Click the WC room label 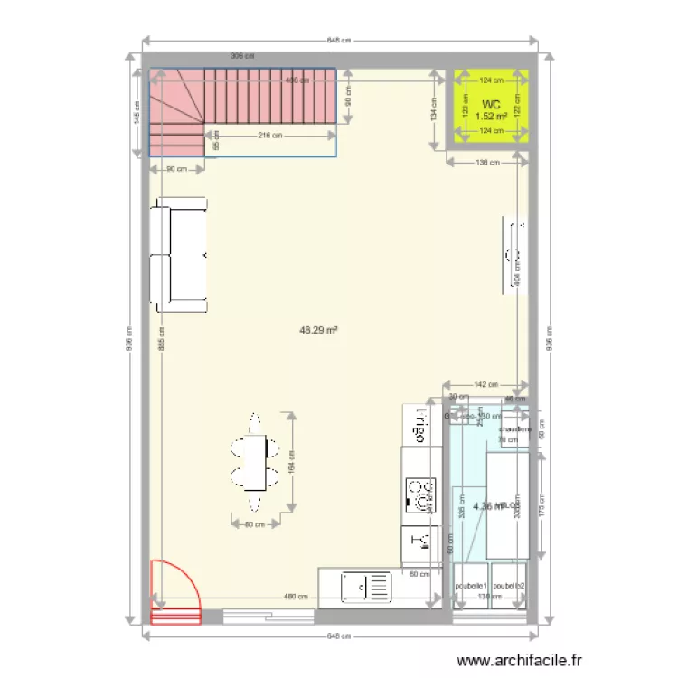(491, 105)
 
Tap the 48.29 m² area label (318, 331)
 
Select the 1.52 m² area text (491, 117)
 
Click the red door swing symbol (174, 592)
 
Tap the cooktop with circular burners (420, 495)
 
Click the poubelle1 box (471, 586)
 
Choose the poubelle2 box (509, 586)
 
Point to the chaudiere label (513, 429)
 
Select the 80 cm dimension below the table (254, 524)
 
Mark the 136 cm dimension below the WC (487, 163)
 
